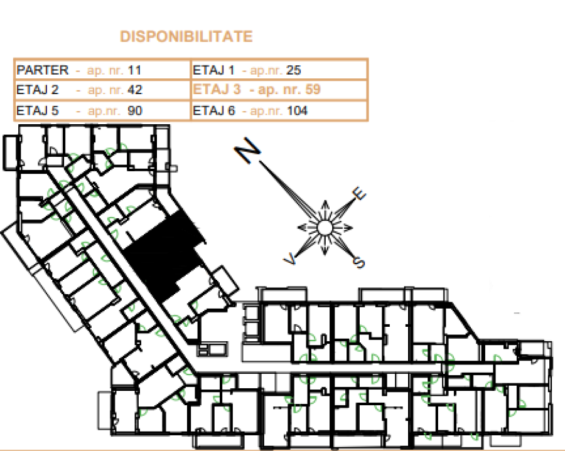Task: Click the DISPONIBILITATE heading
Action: (x=186, y=37)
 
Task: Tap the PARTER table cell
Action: (x=102, y=70)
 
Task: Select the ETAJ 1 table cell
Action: (x=279, y=70)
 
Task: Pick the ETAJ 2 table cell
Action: (x=102, y=90)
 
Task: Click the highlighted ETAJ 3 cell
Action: (x=279, y=90)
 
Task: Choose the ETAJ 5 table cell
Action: (x=102, y=110)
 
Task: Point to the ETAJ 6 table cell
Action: (x=279, y=110)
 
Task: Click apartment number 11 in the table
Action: (x=134, y=70)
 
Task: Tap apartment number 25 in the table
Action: (x=294, y=70)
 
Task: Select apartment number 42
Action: (x=135, y=90)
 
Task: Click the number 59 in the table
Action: (x=313, y=89)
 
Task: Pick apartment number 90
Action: (x=135, y=110)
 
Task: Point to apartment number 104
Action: (x=298, y=110)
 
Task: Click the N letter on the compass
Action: (x=247, y=150)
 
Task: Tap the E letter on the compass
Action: (x=359, y=194)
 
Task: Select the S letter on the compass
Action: (x=359, y=262)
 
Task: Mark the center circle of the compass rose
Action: (x=325, y=228)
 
